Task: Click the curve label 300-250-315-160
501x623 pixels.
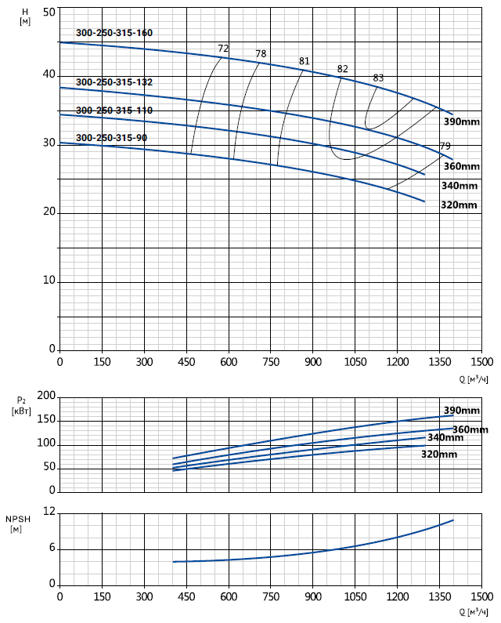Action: click(114, 33)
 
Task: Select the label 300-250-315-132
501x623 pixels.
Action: click(114, 82)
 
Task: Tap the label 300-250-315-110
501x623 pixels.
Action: click(114, 110)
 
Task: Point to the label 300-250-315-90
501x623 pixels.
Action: click(111, 138)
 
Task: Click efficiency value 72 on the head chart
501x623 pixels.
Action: click(223, 49)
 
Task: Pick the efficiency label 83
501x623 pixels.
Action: click(379, 78)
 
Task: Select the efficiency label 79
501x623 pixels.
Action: click(445, 147)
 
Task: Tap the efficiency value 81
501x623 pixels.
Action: click(305, 61)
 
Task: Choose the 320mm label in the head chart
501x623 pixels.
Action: click(459, 205)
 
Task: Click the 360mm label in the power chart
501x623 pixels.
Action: click(470, 429)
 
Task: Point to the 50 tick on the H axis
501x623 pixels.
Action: click(49, 13)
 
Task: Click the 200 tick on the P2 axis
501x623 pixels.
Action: click(47, 397)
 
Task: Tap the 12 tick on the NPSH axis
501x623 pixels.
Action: click(49, 512)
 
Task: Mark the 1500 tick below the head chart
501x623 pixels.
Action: click(482, 362)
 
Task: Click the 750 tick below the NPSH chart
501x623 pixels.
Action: click(271, 596)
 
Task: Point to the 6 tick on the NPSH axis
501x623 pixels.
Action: click(52, 548)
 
